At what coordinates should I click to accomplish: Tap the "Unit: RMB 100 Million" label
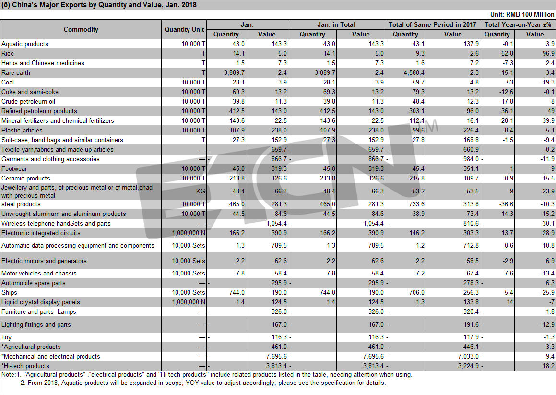point(522,14)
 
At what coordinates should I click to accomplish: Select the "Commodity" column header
point(81,29)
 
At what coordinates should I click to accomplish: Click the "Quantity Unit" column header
point(184,29)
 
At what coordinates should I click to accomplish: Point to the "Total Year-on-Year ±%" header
point(518,24)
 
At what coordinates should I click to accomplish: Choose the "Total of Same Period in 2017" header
point(432,24)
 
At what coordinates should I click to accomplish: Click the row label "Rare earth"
point(16,73)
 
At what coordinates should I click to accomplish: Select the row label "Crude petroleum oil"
point(28,101)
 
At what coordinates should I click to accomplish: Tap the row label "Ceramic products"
point(26,178)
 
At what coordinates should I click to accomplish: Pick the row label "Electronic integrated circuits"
point(41,233)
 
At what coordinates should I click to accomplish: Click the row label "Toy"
point(6,337)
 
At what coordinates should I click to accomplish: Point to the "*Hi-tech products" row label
point(25,366)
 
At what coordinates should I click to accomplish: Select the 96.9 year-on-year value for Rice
point(548,54)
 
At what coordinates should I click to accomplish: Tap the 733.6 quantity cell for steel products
point(417,204)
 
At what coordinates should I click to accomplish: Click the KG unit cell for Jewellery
point(201,192)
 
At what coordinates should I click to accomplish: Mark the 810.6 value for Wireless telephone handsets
point(471,224)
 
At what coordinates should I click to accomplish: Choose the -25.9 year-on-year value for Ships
point(547,292)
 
